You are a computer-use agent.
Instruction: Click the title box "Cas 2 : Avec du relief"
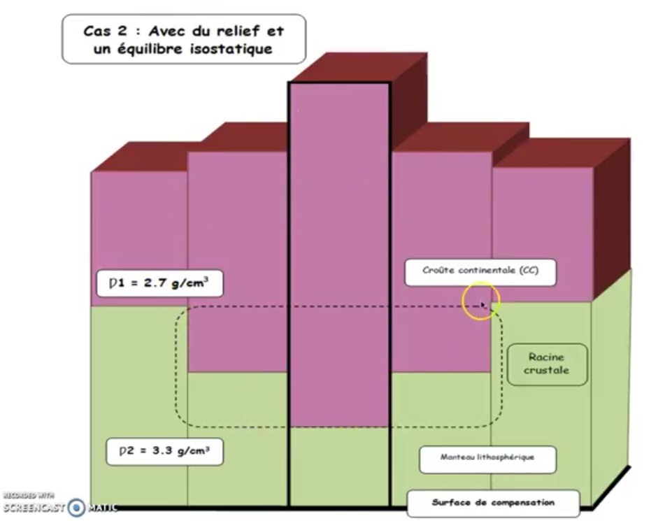pyautogui.click(x=184, y=39)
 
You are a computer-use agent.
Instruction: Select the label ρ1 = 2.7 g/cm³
pyautogui.click(x=160, y=283)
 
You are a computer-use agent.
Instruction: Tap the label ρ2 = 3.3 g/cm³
pyautogui.click(x=164, y=452)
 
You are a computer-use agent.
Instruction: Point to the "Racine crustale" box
pyautogui.click(x=548, y=364)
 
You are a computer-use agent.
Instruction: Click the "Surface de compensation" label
pyautogui.click(x=493, y=503)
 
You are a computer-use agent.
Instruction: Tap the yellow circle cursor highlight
pyautogui.click(x=481, y=301)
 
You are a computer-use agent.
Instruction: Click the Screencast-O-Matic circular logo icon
pyautogui.click(x=76, y=508)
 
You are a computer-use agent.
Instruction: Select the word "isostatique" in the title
pyautogui.click(x=231, y=49)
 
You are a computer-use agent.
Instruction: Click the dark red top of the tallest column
pyautogui.click(x=359, y=67)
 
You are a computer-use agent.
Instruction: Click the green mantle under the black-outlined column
pyautogui.click(x=340, y=466)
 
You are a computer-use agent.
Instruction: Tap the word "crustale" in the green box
pyautogui.click(x=546, y=370)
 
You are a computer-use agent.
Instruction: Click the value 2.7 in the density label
pyautogui.click(x=155, y=283)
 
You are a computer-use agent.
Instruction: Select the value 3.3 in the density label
pyautogui.click(x=162, y=451)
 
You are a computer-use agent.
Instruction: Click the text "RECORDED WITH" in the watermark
pyautogui.click(x=29, y=495)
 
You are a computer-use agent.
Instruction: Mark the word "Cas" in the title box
pyautogui.click(x=97, y=31)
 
